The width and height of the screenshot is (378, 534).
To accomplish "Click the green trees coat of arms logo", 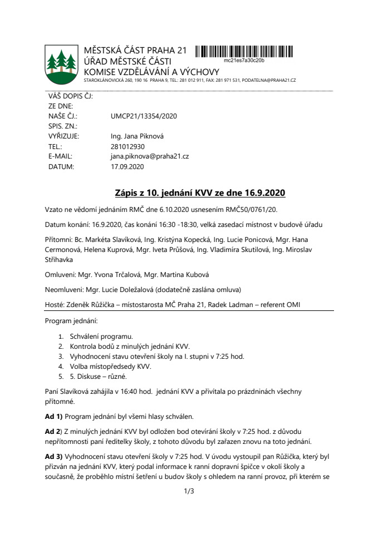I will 61,62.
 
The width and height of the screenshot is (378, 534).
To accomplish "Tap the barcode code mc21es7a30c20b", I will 244,59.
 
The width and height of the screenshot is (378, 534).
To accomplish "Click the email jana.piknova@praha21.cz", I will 150,156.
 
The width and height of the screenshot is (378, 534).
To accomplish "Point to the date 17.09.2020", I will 127,166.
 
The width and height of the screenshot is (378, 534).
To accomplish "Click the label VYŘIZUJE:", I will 63,136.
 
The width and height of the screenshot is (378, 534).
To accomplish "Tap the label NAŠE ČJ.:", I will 62,116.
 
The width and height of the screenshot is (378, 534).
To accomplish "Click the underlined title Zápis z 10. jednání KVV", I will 199,193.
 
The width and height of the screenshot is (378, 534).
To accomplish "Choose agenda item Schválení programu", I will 101,337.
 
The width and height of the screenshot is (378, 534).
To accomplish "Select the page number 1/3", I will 189,491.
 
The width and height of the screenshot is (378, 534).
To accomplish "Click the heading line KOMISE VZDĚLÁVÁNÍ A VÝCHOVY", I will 151,72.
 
